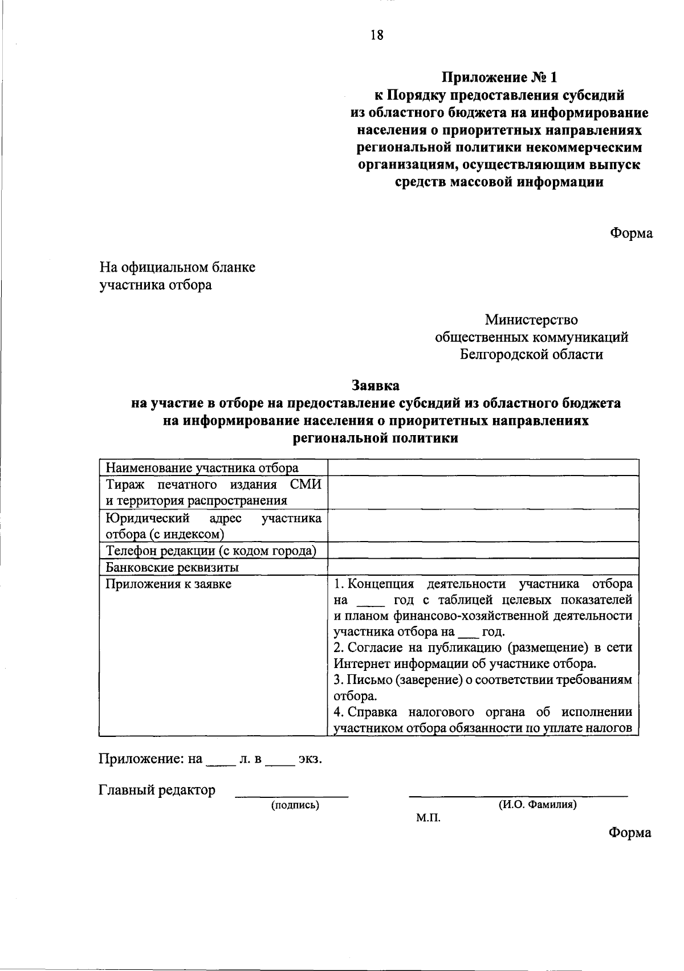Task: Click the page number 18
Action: coord(377,35)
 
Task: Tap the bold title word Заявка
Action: coord(376,386)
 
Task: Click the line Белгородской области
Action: coord(531,354)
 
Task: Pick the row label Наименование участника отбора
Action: coord(202,468)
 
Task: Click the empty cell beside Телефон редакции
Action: coord(482,551)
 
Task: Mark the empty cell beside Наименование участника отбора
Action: coord(482,468)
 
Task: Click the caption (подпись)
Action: coord(295,805)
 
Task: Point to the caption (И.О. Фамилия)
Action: coord(538,805)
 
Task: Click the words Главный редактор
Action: coord(157,790)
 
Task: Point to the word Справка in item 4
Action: coord(374,712)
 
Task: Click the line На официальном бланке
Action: coord(177,267)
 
